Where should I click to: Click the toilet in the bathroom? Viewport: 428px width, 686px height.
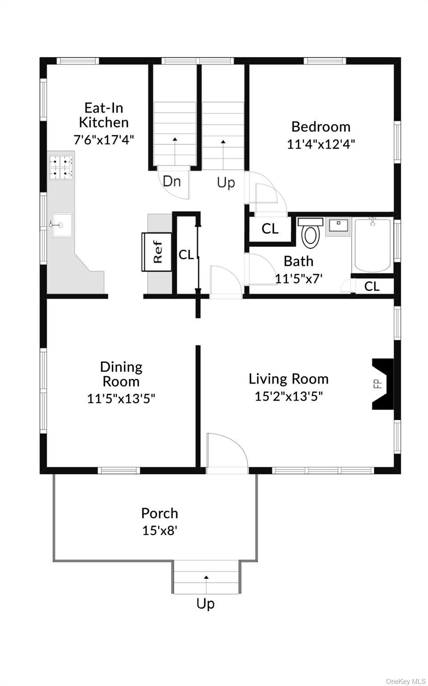point(310,232)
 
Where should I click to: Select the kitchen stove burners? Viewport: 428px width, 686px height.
point(61,167)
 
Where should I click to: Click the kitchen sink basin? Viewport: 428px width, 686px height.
point(62,225)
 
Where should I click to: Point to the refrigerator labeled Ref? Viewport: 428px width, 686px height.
point(156,252)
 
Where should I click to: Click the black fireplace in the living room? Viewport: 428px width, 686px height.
point(383,384)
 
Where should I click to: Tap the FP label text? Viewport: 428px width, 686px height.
point(378,384)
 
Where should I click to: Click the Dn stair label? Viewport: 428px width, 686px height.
point(172,181)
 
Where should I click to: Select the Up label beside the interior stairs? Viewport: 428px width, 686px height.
point(226,183)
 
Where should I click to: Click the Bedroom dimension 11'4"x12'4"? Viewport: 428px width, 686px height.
point(321,144)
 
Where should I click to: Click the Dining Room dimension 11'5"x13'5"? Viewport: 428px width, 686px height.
point(121,398)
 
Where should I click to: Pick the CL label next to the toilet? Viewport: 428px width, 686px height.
point(270,229)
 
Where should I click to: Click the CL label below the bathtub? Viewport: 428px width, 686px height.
point(372,286)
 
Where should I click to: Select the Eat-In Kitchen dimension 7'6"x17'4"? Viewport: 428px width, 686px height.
point(104,140)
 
